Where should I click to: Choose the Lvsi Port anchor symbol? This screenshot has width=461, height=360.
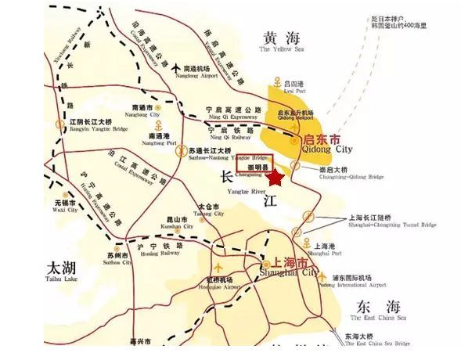pyautogui.click(x=279, y=82)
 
